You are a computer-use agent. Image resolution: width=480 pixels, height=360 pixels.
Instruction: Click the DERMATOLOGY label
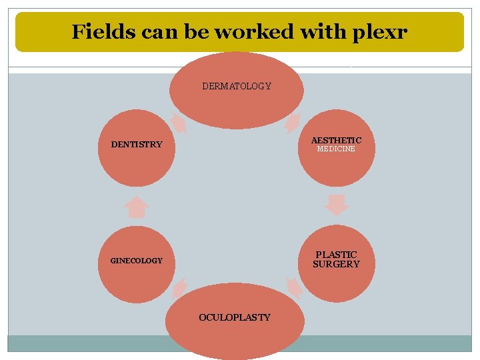(237, 86)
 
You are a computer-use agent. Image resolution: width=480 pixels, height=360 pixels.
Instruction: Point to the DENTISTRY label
(137, 144)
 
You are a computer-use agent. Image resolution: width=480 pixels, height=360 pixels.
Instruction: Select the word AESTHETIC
(336, 140)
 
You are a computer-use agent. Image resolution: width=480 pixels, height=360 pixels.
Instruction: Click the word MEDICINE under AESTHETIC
(336, 149)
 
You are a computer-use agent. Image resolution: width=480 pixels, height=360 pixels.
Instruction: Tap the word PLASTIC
(336, 255)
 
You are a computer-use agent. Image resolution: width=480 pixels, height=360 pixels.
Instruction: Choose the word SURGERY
(336, 264)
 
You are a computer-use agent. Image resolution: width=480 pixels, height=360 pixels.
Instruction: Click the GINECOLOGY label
(136, 261)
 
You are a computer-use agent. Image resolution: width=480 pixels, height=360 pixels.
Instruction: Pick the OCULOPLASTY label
(235, 317)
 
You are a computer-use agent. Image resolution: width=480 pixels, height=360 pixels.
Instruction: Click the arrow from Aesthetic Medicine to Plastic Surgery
(337, 205)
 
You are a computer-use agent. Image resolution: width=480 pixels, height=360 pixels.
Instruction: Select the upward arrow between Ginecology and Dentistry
(137, 207)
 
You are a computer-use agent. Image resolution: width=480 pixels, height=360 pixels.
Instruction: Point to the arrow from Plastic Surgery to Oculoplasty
(293, 287)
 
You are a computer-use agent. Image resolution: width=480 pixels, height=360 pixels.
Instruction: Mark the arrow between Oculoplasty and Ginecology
(179, 287)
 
